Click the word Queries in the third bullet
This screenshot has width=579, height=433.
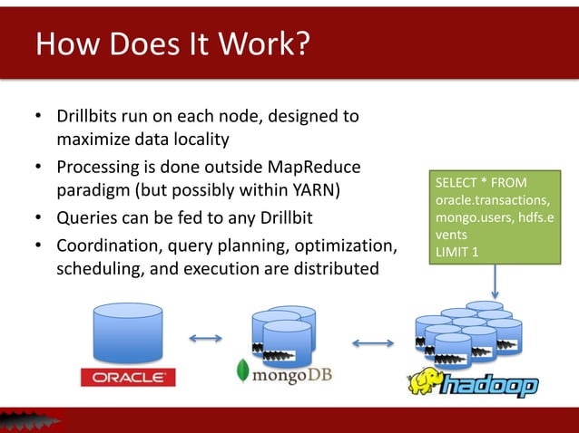pos(86,219)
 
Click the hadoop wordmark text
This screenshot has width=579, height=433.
pos(490,387)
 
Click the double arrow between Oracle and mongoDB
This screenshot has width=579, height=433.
pos(206,340)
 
